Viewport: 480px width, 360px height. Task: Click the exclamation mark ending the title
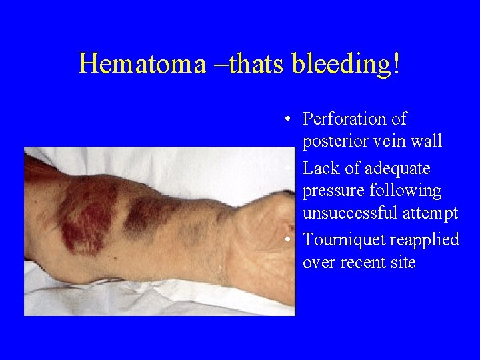tap(397, 63)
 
